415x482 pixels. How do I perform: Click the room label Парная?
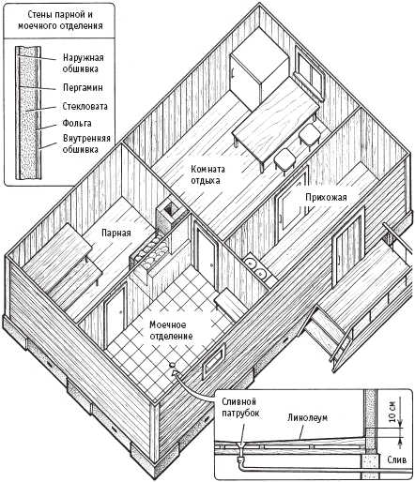click(116, 233)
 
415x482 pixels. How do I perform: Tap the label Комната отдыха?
click(207, 174)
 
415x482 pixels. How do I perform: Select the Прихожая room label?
click(326, 198)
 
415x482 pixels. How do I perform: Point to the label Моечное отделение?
click(171, 330)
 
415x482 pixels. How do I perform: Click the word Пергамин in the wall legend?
click(83, 87)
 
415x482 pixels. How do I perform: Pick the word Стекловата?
click(85, 106)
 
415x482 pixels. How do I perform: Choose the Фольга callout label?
click(77, 123)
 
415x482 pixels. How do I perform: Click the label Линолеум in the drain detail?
click(307, 417)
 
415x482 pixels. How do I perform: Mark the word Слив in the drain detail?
click(397, 459)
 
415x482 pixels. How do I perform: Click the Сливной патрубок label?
click(240, 407)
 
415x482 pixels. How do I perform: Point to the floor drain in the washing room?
click(172, 365)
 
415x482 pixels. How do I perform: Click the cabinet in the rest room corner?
click(258, 76)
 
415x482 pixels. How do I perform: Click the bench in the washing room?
click(229, 304)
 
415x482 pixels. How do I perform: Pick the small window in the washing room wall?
click(213, 359)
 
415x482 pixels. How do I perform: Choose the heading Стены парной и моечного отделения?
click(60, 21)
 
